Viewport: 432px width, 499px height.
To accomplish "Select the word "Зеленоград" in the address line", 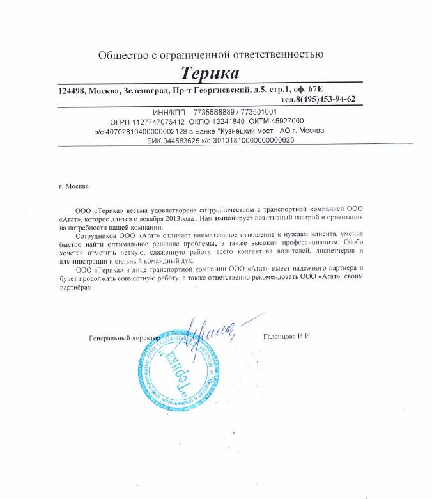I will point(149,90).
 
